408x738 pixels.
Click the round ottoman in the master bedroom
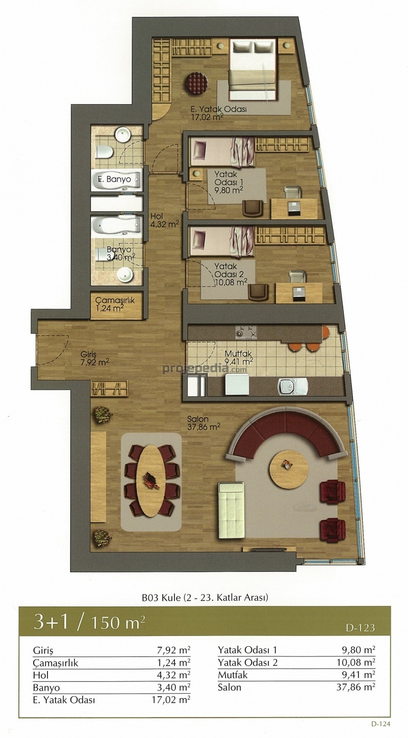pyautogui.click(x=196, y=83)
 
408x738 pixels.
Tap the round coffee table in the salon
pyautogui.click(x=289, y=469)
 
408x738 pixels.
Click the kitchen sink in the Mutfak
pyautogui.click(x=293, y=387)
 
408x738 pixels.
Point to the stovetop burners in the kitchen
pyautogui.click(x=246, y=333)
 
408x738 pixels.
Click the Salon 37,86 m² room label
pyautogui.click(x=203, y=423)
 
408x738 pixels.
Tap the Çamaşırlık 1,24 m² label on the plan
pyautogui.click(x=115, y=304)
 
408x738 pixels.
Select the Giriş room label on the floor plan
pyautogui.click(x=94, y=359)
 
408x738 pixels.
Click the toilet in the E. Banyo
pyautogui.click(x=105, y=152)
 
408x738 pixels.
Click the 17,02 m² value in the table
pyautogui.click(x=171, y=700)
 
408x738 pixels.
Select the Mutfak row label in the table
pyautogui.click(x=233, y=675)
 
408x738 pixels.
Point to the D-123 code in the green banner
pyautogui.click(x=360, y=628)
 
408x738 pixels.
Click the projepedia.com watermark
pyautogui.click(x=205, y=369)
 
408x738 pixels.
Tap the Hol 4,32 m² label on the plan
pyautogui.click(x=164, y=220)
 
